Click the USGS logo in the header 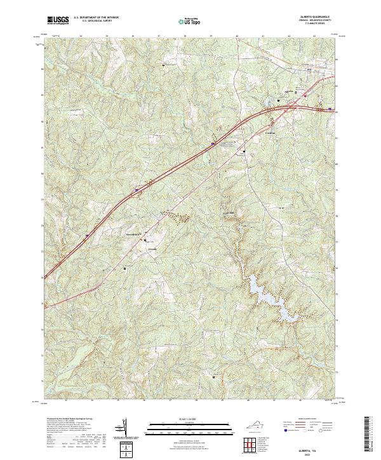click(x=58, y=20)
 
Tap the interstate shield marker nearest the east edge click(x=330, y=108)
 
